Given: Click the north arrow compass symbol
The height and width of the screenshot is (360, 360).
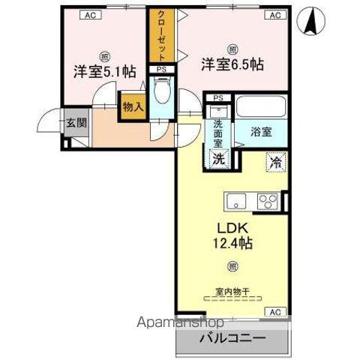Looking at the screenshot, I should pyautogui.click(x=310, y=20).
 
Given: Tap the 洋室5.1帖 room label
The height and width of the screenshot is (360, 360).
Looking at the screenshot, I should pyautogui.click(x=104, y=72).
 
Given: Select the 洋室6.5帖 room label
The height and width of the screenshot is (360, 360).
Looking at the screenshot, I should pyautogui.click(x=231, y=65).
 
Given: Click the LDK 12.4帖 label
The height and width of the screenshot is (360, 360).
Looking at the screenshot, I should pyautogui.click(x=231, y=233).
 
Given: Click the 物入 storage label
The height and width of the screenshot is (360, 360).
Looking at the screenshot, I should pyautogui.click(x=133, y=106).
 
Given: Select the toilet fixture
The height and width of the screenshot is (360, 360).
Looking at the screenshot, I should pyautogui.click(x=161, y=96).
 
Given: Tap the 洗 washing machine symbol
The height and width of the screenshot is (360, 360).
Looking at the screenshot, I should pyautogui.click(x=218, y=158).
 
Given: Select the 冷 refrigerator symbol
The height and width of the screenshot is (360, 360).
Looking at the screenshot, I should pyautogui.click(x=275, y=160).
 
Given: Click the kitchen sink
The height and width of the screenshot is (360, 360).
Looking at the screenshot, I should pyautogui.click(x=236, y=201).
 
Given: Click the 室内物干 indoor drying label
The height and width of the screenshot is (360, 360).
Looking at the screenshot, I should pyautogui.click(x=232, y=291).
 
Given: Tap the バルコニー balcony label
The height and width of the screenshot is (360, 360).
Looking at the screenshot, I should pyautogui.click(x=232, y=339).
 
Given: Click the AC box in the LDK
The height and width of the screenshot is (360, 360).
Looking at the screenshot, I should pyautogui.click(x=274, y=311).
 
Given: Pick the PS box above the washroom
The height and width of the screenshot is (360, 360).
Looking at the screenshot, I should pyautogui.click(x=218, y=97).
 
